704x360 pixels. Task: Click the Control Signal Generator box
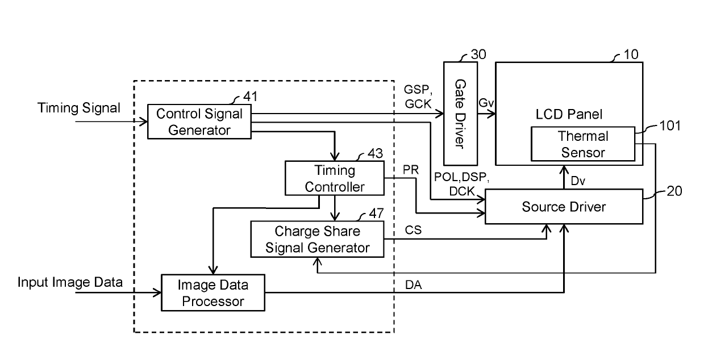(199, 122)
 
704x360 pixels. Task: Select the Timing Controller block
(335, 178)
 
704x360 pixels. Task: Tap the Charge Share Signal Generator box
(317, 240)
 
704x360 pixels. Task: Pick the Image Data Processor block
(213, 293)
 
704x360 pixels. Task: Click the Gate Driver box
(460, 114)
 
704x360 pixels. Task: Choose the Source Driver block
(564, 206)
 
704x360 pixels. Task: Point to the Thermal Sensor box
(583, 144)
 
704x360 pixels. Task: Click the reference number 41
(251, 97)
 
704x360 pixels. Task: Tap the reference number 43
(375, 154)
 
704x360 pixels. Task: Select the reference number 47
(376, 214)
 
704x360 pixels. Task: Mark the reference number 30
(478, 55)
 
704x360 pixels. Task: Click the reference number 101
(670, 125)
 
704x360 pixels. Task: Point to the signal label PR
(411, 170)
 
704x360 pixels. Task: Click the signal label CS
(413, 230)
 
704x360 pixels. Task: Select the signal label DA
(413, 285)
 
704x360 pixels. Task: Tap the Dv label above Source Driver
(578, 181)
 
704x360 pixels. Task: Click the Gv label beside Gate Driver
(486, 103)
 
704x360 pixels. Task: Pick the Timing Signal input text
(79, 108)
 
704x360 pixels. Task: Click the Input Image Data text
(70, 282)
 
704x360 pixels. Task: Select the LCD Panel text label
(569, 114)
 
